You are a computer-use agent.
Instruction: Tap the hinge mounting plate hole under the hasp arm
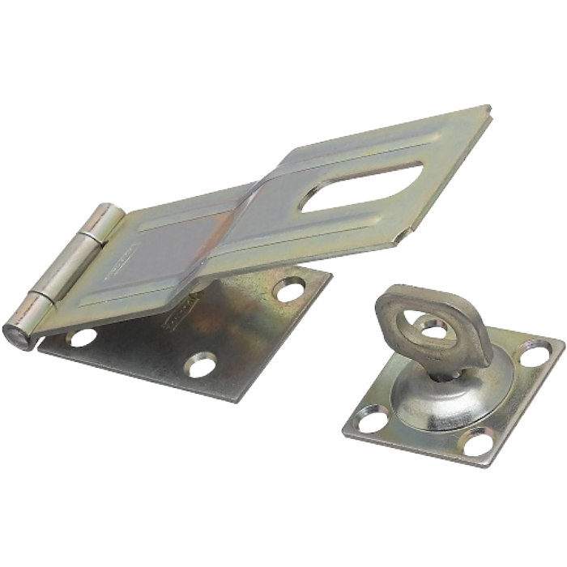(290, 290)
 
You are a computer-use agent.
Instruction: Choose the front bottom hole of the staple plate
(478, 441)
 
